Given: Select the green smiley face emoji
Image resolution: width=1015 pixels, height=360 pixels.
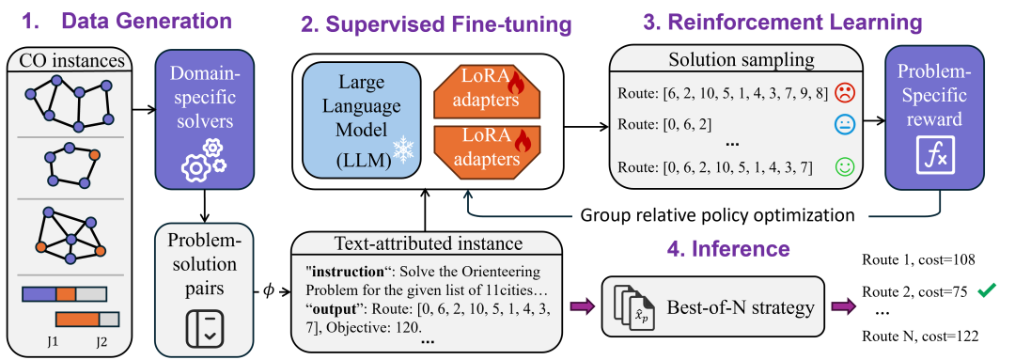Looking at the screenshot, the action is [844, 167].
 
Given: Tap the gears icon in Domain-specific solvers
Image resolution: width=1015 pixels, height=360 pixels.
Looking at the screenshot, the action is [203, 160].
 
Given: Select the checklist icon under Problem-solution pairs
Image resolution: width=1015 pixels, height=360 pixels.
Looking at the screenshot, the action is [204, 328].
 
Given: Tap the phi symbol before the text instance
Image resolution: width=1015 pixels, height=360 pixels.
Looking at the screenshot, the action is [270, 290].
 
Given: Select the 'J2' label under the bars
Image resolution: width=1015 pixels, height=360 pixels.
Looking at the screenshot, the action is [103, 339].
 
